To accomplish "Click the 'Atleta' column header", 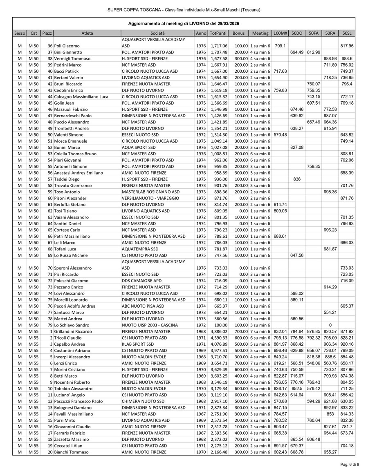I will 87,33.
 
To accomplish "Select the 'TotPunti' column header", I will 218,33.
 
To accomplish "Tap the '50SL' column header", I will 347,33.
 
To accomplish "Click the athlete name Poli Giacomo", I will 67,46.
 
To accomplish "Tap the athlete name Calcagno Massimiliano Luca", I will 81,96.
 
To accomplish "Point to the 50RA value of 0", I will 330,325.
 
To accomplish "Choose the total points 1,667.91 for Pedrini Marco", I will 219,65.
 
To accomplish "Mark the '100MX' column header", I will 280,33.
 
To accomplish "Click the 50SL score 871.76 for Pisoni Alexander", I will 347,198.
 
